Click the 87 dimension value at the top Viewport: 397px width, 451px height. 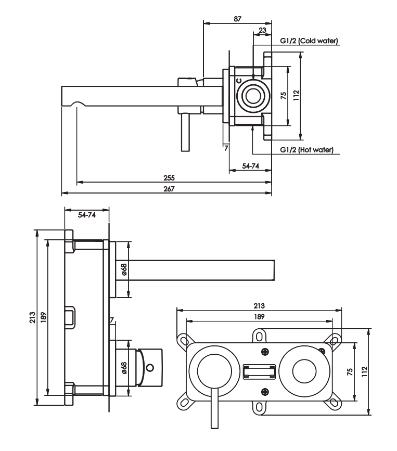[x=237, y=19]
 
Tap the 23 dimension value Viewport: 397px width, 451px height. [x=262, y=30]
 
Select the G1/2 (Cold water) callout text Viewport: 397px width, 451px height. [x=309, y=41]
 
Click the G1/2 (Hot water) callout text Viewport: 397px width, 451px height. [x=306, y=150]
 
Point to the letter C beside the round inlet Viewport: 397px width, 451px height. [x=239, y=81]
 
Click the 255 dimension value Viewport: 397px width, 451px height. [x=169, y=178]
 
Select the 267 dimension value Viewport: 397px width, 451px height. [x=169, y=189]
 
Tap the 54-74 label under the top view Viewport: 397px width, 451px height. [x=251, y=166]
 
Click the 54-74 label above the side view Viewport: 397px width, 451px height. [x=87, y=215]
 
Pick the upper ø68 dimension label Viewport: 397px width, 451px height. [x=124, y=269]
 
